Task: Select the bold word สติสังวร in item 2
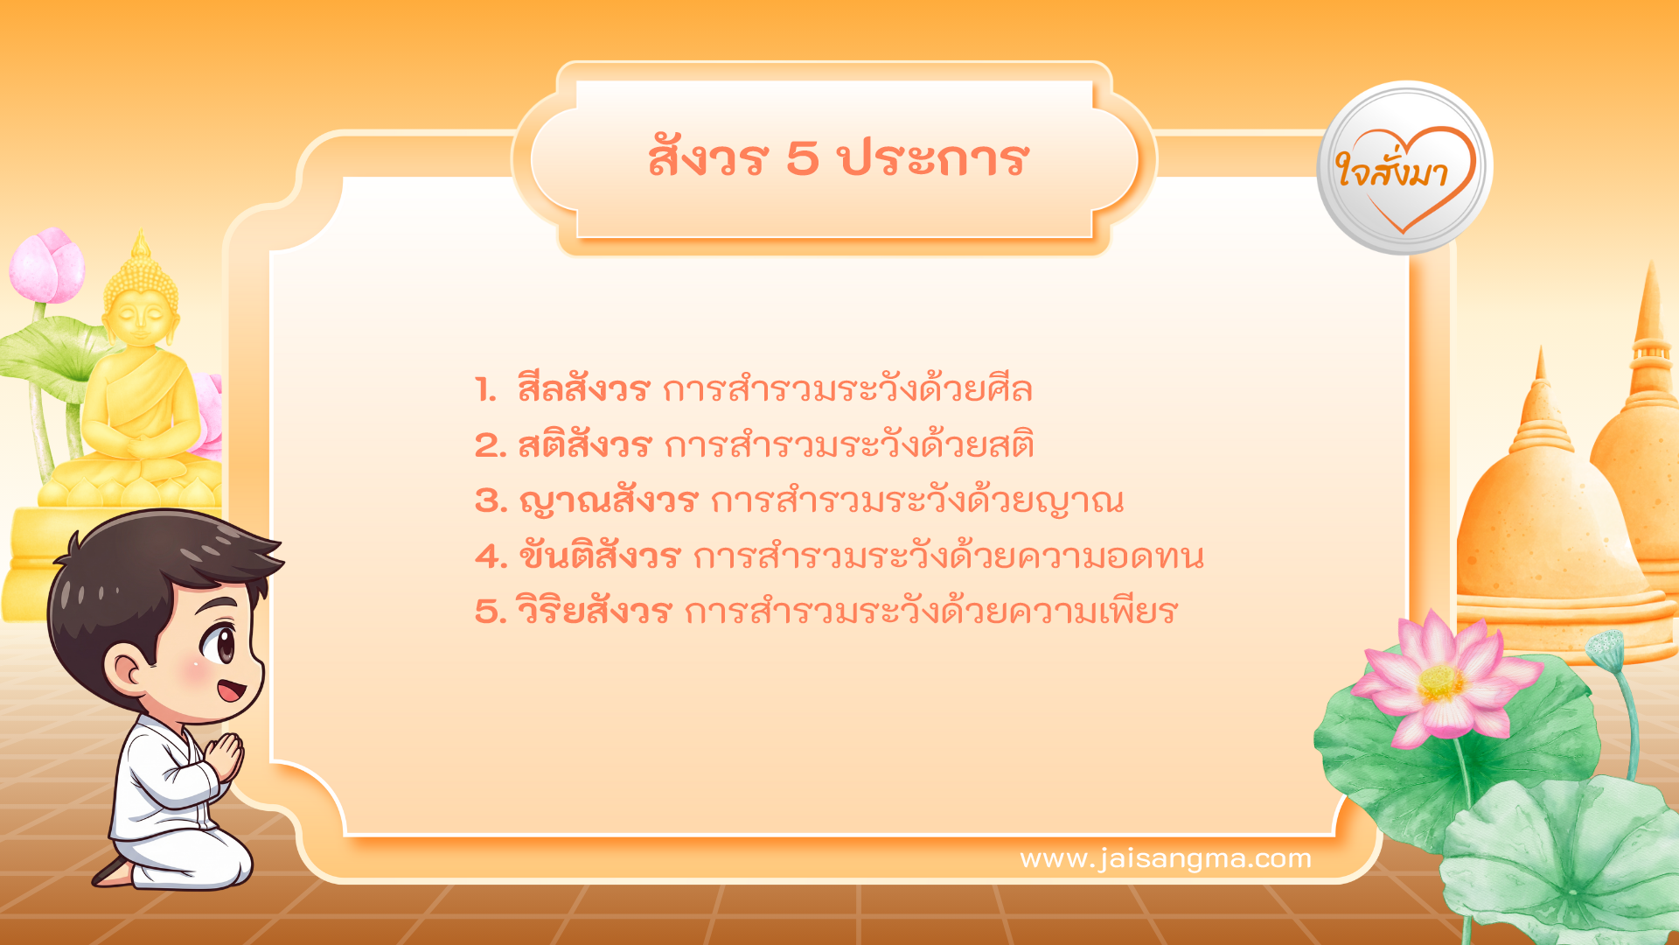point(585,445)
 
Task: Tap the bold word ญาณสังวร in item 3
point(608,501)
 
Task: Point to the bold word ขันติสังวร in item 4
point(599,556)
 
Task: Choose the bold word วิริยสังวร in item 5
point(594,612)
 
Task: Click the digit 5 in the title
point(802,159)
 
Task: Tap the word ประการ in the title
point(933,159)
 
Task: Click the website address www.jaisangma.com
point(1166,858)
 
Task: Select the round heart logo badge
point(1404,169)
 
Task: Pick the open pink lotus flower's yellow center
point(1440,683)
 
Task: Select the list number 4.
point(490,556)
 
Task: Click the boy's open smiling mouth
point(230,690)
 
